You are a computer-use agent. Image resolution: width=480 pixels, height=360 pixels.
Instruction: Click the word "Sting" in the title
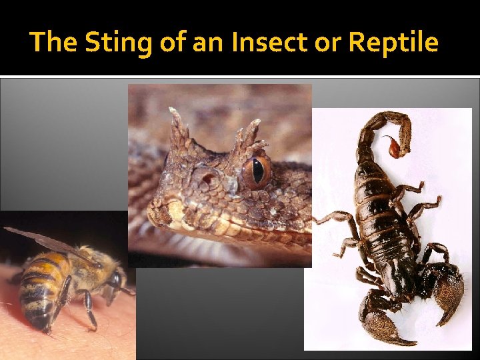[x=119, y=43]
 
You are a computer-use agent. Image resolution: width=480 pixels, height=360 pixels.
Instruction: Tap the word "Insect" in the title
[x=254, y=43]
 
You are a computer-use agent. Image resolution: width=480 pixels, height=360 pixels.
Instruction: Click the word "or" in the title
[x=327, y=43]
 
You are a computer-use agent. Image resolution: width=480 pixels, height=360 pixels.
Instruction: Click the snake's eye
[x=257, y=171]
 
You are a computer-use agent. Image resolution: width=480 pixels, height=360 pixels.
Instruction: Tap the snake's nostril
[x=207, y=179]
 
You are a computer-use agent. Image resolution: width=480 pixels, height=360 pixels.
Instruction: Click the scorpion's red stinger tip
[x=397, y=147]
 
